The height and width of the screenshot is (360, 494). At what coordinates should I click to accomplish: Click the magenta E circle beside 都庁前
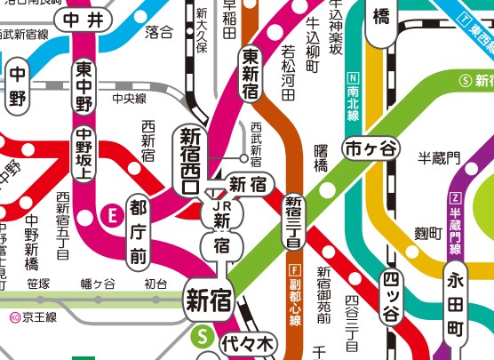point(112,213)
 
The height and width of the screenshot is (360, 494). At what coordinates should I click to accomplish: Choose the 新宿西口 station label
point(190,161)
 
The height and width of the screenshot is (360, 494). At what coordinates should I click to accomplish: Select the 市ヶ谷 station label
point(372,148)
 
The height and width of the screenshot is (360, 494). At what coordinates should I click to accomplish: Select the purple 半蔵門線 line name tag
point(456,219)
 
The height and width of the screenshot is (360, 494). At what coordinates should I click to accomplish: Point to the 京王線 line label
point(34,316)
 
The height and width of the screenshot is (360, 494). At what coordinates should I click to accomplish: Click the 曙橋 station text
point(322,158)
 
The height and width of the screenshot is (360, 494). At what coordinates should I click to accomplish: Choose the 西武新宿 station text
point(257,143)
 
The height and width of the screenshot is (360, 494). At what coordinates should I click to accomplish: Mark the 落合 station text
point(158,33)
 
